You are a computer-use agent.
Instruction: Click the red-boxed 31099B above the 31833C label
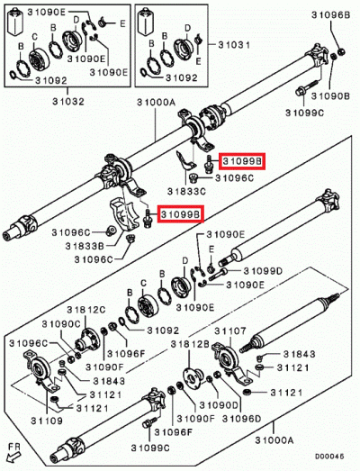(241, 161)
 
